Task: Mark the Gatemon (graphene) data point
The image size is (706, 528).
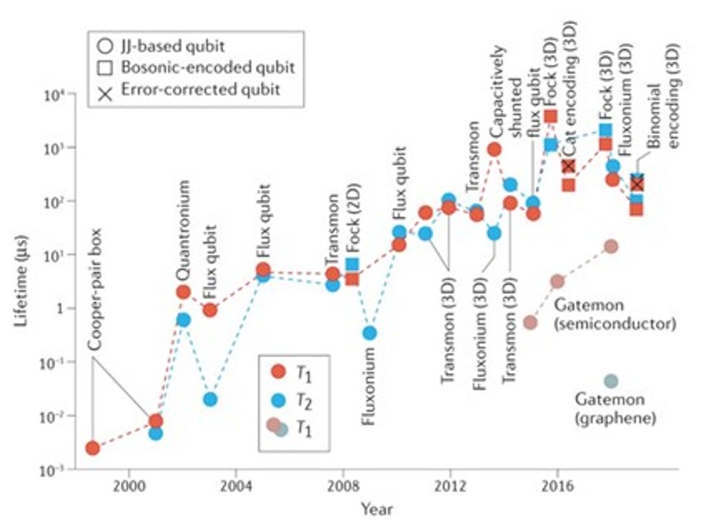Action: [x=611, y=381]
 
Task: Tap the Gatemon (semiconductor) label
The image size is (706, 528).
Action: [x=614, y=314]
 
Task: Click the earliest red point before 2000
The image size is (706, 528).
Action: [x=92, y=448]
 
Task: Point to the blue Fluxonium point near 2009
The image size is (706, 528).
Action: [x=370, y=333]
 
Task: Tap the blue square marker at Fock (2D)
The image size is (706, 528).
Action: [x=352, y=264]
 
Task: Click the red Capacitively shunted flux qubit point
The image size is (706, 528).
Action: [x=494, y=149]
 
